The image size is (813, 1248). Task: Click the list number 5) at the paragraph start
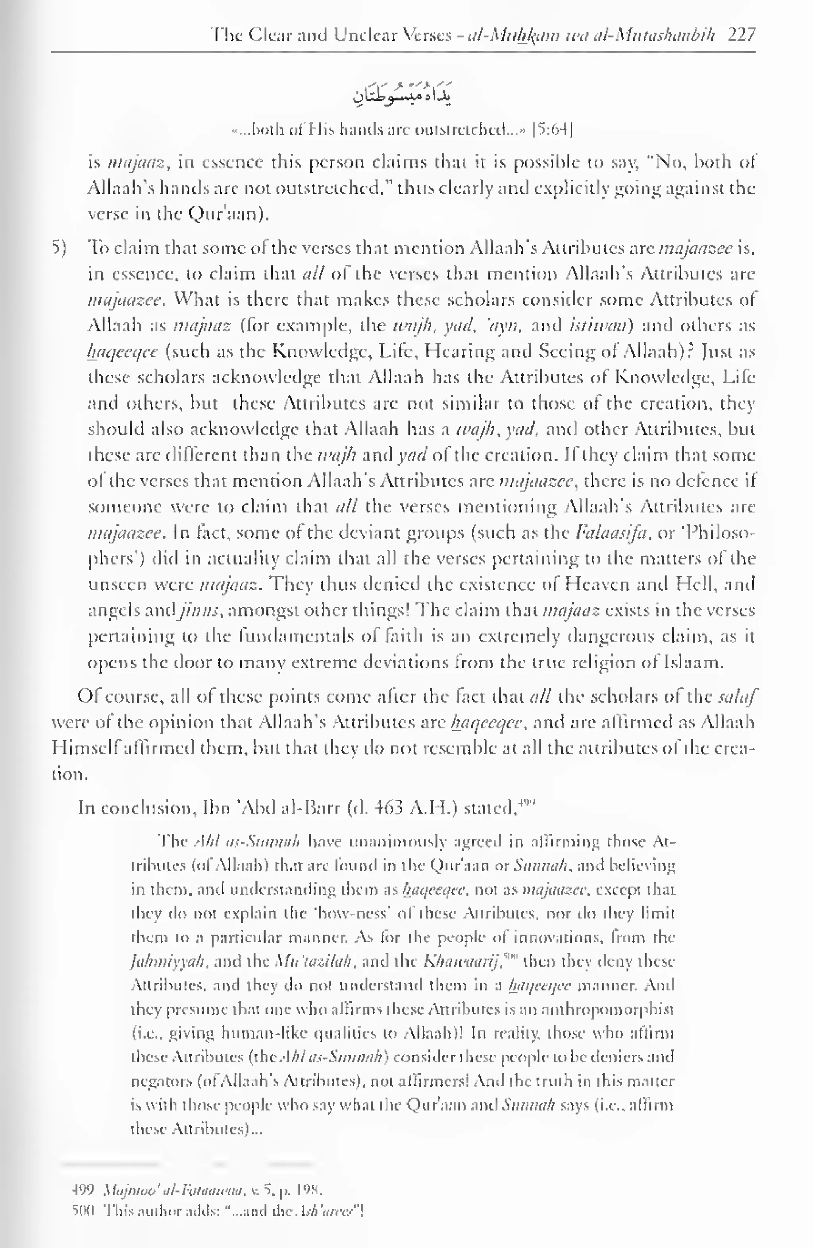(x=59, y=247)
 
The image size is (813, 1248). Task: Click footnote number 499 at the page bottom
(x=82, y=1190)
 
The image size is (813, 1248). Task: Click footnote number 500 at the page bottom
(x=82, y=1211)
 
